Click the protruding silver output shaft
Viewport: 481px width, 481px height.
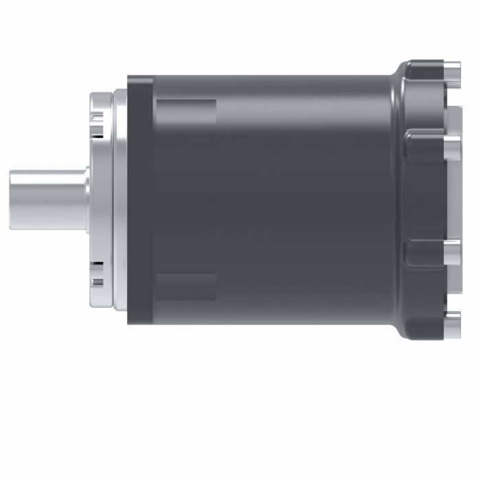tap(48, 200)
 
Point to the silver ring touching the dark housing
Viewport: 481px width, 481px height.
tap(119, 200)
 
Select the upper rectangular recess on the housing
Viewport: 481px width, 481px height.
tap(186, 112)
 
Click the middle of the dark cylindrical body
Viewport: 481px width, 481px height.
tap(275, 200)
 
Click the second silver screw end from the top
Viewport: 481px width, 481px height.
tap(452, 145)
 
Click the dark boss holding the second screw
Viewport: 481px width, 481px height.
tap(425, 145)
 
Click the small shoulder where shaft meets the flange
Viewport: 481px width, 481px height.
tap(87, 200)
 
